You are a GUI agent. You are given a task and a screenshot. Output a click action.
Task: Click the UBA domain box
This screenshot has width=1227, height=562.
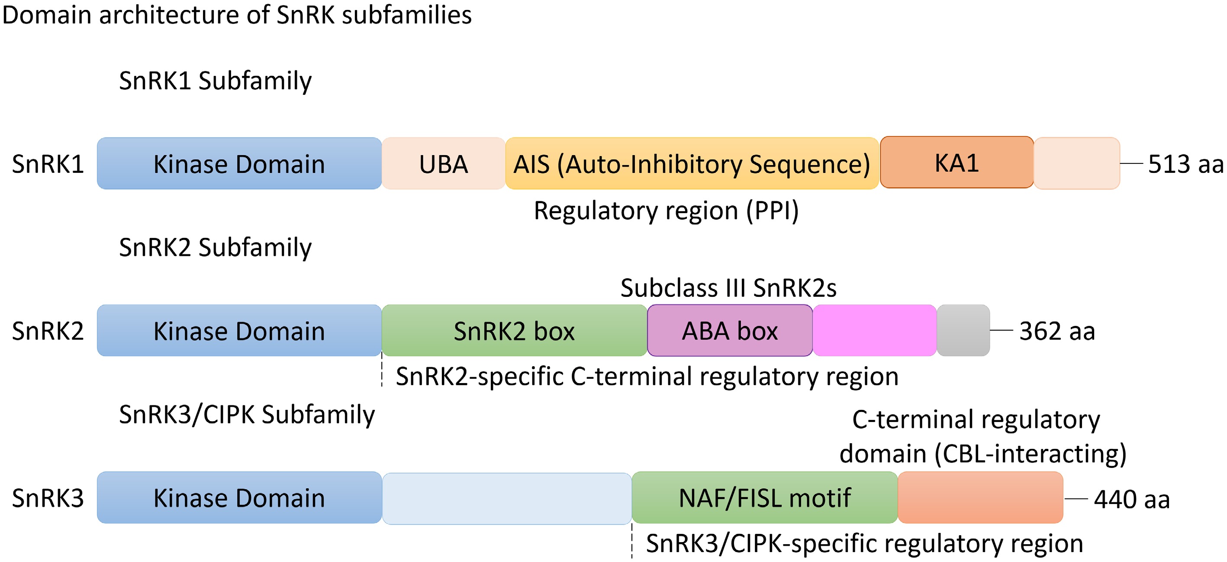click(x=444, y=163)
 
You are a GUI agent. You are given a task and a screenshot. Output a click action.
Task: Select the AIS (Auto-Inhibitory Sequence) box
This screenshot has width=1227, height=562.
click(x=692, y=163)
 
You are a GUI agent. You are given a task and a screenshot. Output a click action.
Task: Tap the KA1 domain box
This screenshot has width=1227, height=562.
click(x=957, y=162)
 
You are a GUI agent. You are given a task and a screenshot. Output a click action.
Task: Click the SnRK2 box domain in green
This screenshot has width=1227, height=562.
click(x=515, y=330)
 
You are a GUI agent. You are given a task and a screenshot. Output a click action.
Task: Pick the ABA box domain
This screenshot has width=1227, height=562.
click(x=730, y=330)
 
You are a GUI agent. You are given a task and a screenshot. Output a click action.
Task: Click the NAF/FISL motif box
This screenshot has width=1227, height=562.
click(x=765, y=497)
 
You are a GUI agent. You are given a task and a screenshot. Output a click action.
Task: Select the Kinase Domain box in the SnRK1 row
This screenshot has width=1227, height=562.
click(x=239, y=163)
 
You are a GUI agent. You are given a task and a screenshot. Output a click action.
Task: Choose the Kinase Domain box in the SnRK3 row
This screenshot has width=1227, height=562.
click(x=239, y=497)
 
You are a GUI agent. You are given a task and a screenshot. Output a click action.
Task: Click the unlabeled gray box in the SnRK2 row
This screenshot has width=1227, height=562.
click(x=963, y=330)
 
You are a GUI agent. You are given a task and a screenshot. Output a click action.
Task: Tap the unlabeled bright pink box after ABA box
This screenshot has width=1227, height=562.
click(x=875, y=330)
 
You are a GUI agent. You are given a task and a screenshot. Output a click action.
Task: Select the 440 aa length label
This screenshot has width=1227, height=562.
click(x=1132, y=500)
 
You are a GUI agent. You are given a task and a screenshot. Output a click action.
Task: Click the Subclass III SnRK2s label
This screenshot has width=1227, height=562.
click(x=728, y=288)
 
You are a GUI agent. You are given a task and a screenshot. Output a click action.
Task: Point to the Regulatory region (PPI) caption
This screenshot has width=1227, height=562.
click(x=667, y=211)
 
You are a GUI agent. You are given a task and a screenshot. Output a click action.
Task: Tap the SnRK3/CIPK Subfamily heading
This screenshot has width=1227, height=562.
click(x=247, y=414)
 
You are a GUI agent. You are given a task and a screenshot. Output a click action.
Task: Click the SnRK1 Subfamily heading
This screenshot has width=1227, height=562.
click(x=215, y=81)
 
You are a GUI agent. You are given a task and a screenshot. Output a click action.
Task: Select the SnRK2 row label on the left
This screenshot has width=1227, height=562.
click(x=48, y=331)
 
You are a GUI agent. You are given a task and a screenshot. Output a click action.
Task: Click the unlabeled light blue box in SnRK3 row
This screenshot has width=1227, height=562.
click(x=507, y=499)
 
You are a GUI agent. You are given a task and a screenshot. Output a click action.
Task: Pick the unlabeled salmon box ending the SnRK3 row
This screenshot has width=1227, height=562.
click(x=980, y=497)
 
